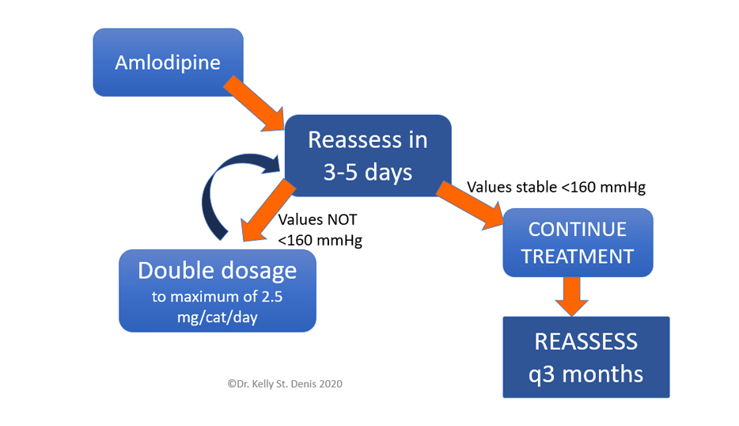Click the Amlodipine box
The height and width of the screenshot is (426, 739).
pos(169,63)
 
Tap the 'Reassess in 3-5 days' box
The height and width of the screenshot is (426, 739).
pos(368,156)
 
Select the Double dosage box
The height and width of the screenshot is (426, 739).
pos(218,291)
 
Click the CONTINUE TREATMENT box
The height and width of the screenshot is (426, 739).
pos(578,242)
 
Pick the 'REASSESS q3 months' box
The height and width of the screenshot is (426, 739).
pos(586,357)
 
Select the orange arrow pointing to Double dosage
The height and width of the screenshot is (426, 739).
pos(267,211)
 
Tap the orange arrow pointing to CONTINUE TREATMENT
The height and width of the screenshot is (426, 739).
pos(470,205)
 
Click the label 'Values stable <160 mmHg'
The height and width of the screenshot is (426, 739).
pos(556,187)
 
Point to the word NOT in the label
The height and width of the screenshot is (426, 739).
pos(342,219)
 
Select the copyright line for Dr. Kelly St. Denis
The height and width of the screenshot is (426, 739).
pos(285,383)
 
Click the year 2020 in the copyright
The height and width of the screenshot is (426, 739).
pos(331,383)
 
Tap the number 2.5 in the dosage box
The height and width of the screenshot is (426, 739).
pos(272,296)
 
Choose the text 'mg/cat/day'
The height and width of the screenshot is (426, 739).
pos(218,317)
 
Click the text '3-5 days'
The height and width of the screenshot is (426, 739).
pos(368,172)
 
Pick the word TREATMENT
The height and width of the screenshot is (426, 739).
pos(578,257)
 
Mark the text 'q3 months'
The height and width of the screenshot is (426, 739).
pos(586,374)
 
